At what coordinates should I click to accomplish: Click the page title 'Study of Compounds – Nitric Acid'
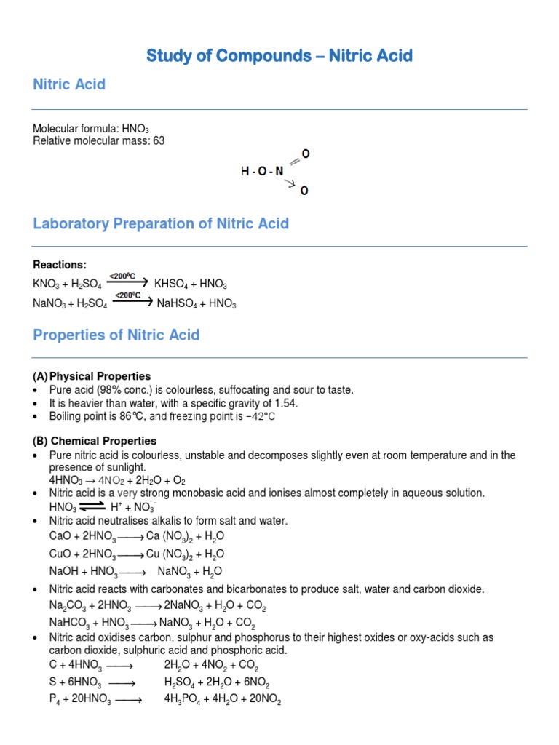click(x=279, y=55)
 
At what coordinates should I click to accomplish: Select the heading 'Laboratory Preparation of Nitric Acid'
click(x=161, y=223)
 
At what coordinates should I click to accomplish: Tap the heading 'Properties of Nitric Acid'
click(x=116, y=335)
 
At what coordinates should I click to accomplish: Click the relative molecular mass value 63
click(x=159, y=140)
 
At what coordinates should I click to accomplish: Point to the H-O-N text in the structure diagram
click(x=263, y=172)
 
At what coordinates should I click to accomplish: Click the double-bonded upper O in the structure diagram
click(x=306, y=154)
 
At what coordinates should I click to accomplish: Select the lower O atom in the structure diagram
click(x=304, y=191)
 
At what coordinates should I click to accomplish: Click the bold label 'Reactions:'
click(x=60, y=265)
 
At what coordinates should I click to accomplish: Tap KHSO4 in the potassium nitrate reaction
click(x=172, y=284)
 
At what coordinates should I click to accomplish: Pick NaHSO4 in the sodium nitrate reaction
click(x=177, y=303)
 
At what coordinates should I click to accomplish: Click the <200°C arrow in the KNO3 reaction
click(x=127, y=281)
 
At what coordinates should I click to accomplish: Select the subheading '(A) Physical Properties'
click(x=92, y=376)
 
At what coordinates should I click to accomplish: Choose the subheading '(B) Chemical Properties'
click(x=95, y=441)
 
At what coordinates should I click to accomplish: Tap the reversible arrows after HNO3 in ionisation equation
click(x=92, y=506)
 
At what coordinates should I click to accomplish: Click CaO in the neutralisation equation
click(x=60, y=536)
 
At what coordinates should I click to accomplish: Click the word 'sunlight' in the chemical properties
click(x=124, y=467)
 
